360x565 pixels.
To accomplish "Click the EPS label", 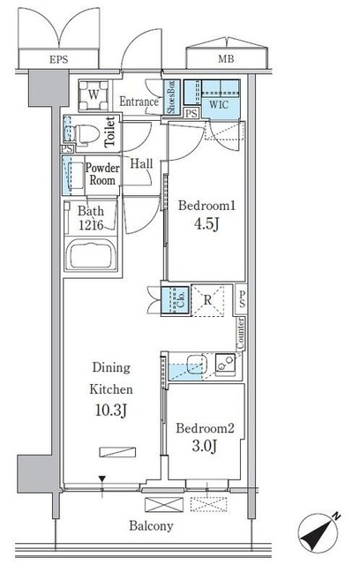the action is click(59, 59).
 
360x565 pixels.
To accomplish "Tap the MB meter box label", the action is click(226, 59).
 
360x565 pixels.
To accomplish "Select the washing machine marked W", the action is click(94, 95).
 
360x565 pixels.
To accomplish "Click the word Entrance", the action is click(139, 102).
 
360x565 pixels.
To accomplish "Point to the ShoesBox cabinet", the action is click(171, 97).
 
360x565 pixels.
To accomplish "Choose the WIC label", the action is click(219, 104).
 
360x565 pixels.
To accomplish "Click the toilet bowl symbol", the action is click(82, 134).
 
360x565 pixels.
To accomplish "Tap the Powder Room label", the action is click(102, 174).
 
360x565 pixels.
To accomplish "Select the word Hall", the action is click(141, 163).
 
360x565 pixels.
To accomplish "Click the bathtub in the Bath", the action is click(94, 255).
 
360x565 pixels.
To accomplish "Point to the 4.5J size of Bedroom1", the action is click(206, 224).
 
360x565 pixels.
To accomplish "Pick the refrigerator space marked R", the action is click(207, 301).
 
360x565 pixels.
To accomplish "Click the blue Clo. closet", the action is click(176, 300).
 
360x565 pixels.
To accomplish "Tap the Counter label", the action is click(241, 334).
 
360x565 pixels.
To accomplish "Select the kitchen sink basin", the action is click(197, 364).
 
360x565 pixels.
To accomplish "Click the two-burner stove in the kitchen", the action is click(225, 363).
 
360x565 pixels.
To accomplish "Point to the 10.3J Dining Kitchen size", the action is click(111, 411).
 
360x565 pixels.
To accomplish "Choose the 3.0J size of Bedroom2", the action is click(204, 447).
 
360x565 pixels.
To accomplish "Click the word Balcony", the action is click(151, 526).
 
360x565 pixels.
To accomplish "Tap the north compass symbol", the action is click(319, 532).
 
